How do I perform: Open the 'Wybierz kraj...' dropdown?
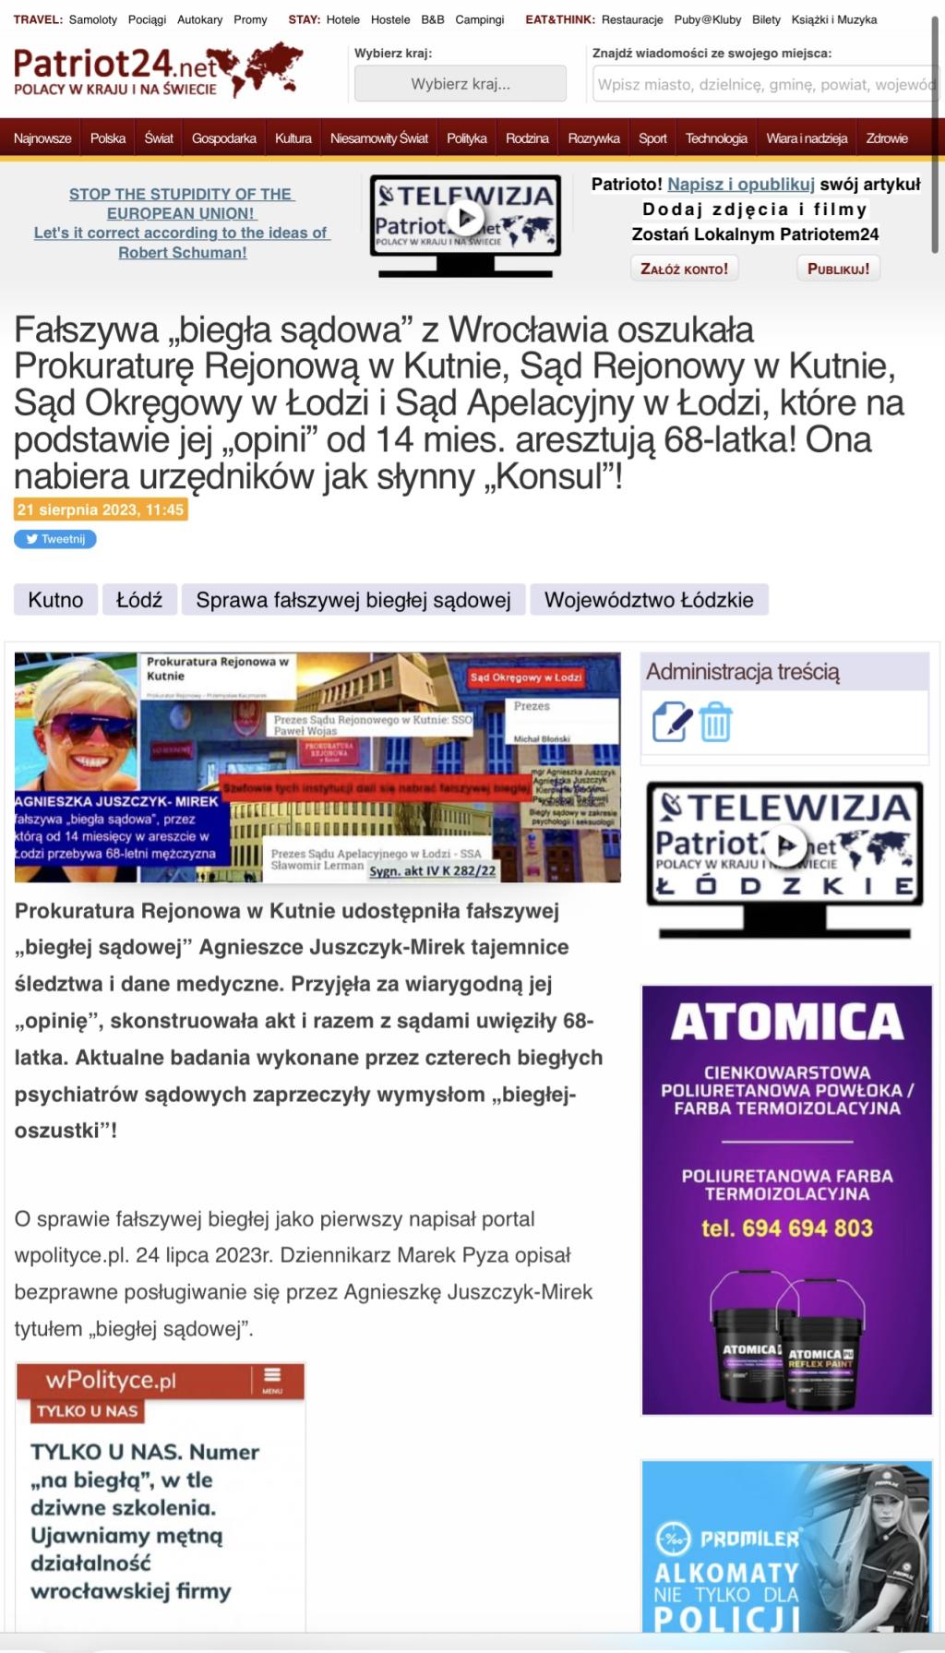[460, 84]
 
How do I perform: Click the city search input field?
[764, 84]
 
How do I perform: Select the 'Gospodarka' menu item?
[223, 138]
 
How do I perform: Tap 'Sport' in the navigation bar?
[652, 138]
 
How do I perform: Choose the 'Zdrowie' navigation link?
[886, 138]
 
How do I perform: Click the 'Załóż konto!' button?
[684, 269]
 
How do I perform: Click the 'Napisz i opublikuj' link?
[741, 185]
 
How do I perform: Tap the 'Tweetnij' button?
[55, 539]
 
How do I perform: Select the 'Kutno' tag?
[55, 600]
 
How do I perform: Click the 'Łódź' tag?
[139, 600]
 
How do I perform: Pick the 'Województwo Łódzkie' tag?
[649, 600]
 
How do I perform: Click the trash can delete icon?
[715, 723]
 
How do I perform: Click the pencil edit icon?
[671, 723]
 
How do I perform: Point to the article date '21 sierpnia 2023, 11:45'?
[101, 509]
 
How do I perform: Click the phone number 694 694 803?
[786, 1228]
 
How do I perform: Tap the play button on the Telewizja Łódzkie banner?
[786, 845]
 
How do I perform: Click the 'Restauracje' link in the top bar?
[632, 19]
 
